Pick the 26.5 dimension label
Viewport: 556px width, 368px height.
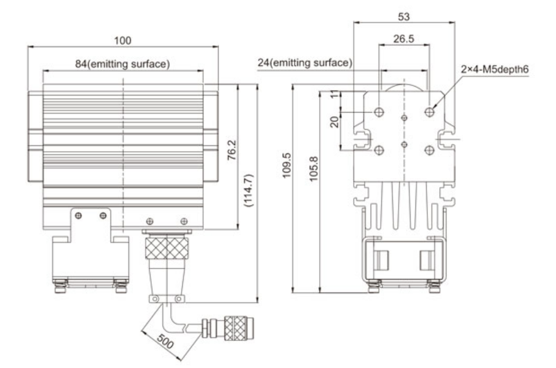click(404, 39)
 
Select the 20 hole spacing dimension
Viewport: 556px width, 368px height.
click(335, 121)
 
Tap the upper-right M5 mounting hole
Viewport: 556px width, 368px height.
click(430, 111)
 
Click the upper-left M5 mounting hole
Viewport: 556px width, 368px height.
click(379, 112)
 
